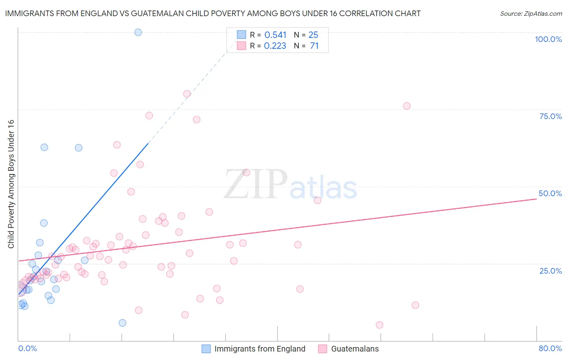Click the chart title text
click(213, 13)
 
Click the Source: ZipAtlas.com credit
click(531, 13)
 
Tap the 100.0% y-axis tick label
click(548, 39)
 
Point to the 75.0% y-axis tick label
click(550, 116)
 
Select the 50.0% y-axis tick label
click(550, 193)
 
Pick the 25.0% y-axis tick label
click(550, 270)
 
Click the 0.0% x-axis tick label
click(27, 348)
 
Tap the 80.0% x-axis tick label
click(550, 348)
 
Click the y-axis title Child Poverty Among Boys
click(11, 184)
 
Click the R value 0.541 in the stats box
click(275, 35)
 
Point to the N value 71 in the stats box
click(314, 46)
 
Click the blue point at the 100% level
click(138, 32)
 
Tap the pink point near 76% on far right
click(406, 106)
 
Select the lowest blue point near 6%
click(123, 323)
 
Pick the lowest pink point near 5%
click(379, 325)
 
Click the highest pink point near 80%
click(187, 94)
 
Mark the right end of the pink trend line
click(536, 199)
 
